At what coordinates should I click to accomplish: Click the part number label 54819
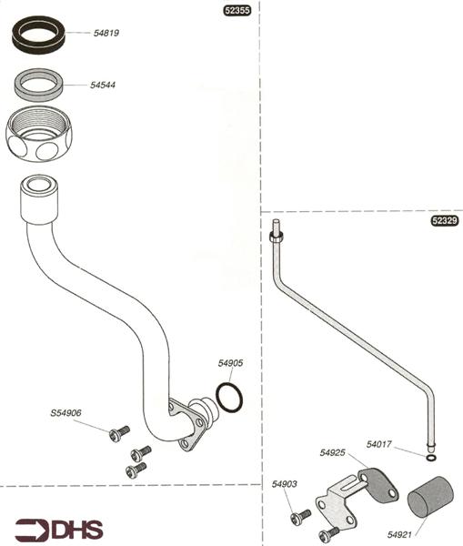[106, 33]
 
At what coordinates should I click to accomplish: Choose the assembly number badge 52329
[443, 221]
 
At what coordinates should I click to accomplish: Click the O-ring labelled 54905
[229, 397]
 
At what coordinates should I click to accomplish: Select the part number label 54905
[230, 363]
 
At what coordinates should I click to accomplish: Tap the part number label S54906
[65, 413]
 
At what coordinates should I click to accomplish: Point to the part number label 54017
[379, 444]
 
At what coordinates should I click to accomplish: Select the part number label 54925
[333, 452]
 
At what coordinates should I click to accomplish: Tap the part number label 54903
[284, 485]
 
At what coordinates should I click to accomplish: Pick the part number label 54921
[399, 537]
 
